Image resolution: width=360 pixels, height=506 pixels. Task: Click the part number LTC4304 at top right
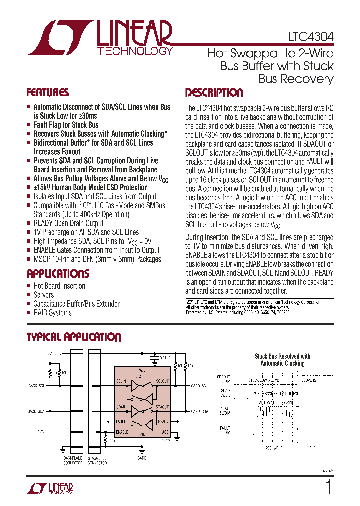311,37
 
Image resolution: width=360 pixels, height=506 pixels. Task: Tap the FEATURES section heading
48,93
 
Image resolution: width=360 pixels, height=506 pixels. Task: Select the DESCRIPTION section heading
214,93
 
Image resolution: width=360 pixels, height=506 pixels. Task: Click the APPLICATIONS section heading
58,274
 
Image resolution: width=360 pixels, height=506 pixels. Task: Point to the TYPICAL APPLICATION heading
74,337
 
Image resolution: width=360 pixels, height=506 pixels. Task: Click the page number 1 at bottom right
328,487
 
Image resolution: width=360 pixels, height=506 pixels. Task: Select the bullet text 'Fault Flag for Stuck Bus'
66,125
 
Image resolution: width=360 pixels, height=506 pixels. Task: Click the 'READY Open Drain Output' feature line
68,223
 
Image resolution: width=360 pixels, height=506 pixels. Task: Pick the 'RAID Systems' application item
52,313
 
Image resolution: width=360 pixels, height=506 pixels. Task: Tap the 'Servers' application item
44,295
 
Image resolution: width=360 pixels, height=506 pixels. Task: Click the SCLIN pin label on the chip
122,381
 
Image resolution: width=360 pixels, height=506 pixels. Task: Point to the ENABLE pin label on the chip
122,432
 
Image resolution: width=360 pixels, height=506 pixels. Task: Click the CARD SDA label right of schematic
199,412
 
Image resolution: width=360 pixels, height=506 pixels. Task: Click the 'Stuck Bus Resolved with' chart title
282,356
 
